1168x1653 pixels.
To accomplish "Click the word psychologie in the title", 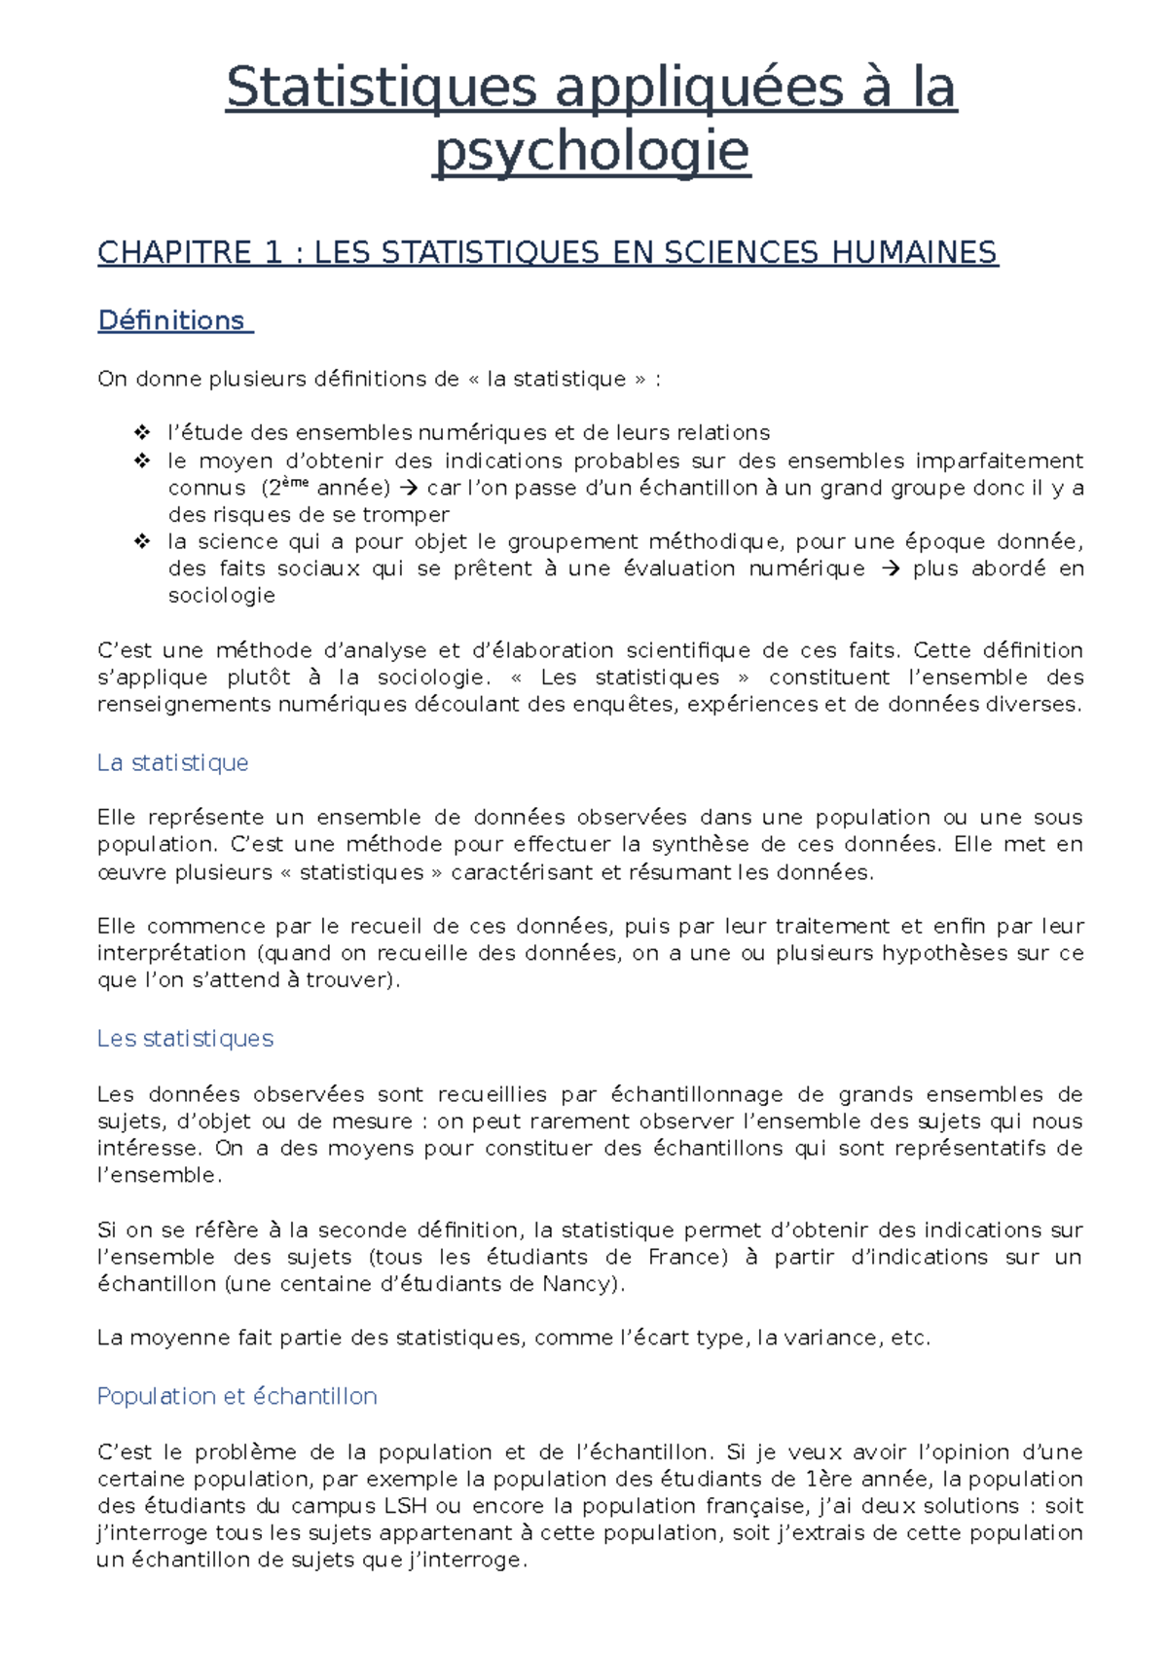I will (591, 152).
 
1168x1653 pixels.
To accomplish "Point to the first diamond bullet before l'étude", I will (142, 432).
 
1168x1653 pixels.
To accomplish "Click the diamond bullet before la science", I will (142, 541).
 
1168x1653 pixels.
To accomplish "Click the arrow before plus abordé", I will (890, 569).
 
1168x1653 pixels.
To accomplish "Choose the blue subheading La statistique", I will (172, 762).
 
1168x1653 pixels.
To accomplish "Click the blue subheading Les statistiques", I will (185, 1039).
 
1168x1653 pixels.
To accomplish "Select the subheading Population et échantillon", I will (237, 1396).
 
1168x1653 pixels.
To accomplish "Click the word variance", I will (833, 1339).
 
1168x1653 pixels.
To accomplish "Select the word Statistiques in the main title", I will (381, 88).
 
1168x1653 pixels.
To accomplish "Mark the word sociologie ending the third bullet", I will (221, 596).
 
